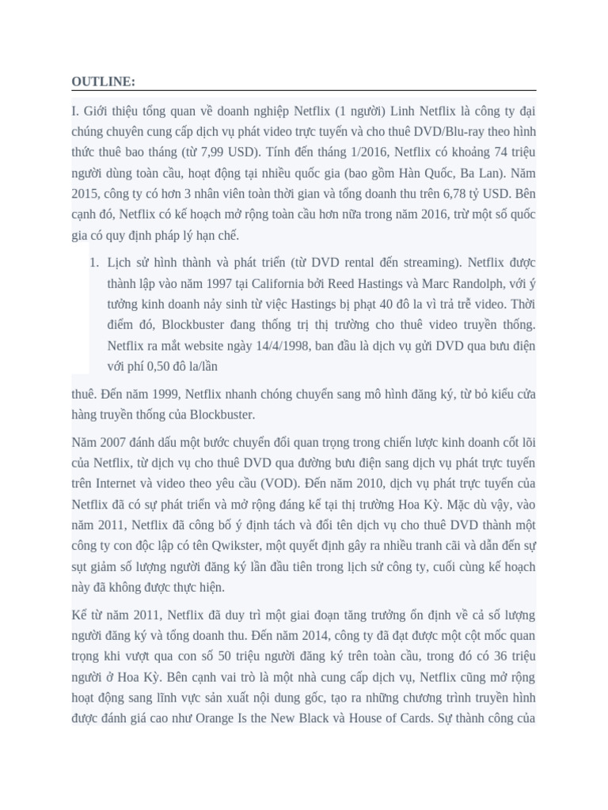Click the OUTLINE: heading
(103, 82)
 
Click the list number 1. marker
(93, 263)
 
